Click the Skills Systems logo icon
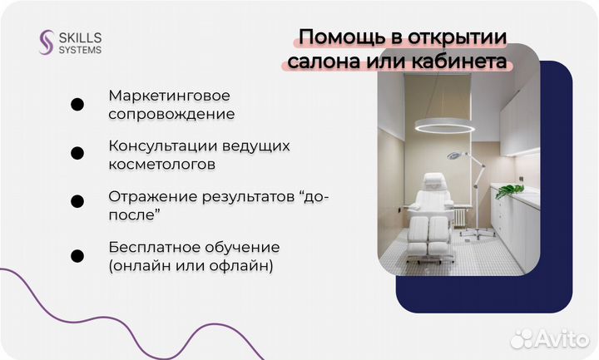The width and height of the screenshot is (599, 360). tap(47, 42)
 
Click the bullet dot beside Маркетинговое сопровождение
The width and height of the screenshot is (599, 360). tap(77, 105)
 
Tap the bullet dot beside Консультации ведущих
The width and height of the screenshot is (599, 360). tap(77, 154)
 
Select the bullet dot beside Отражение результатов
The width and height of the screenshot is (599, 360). tap(77, 202)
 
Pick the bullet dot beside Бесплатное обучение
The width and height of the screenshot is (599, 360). tap(77, 256)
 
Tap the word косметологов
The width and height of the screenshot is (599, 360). tap(161, 164)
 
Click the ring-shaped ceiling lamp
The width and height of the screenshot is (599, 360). tap(444, 126)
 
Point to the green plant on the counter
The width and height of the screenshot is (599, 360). tap(509, 191)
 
